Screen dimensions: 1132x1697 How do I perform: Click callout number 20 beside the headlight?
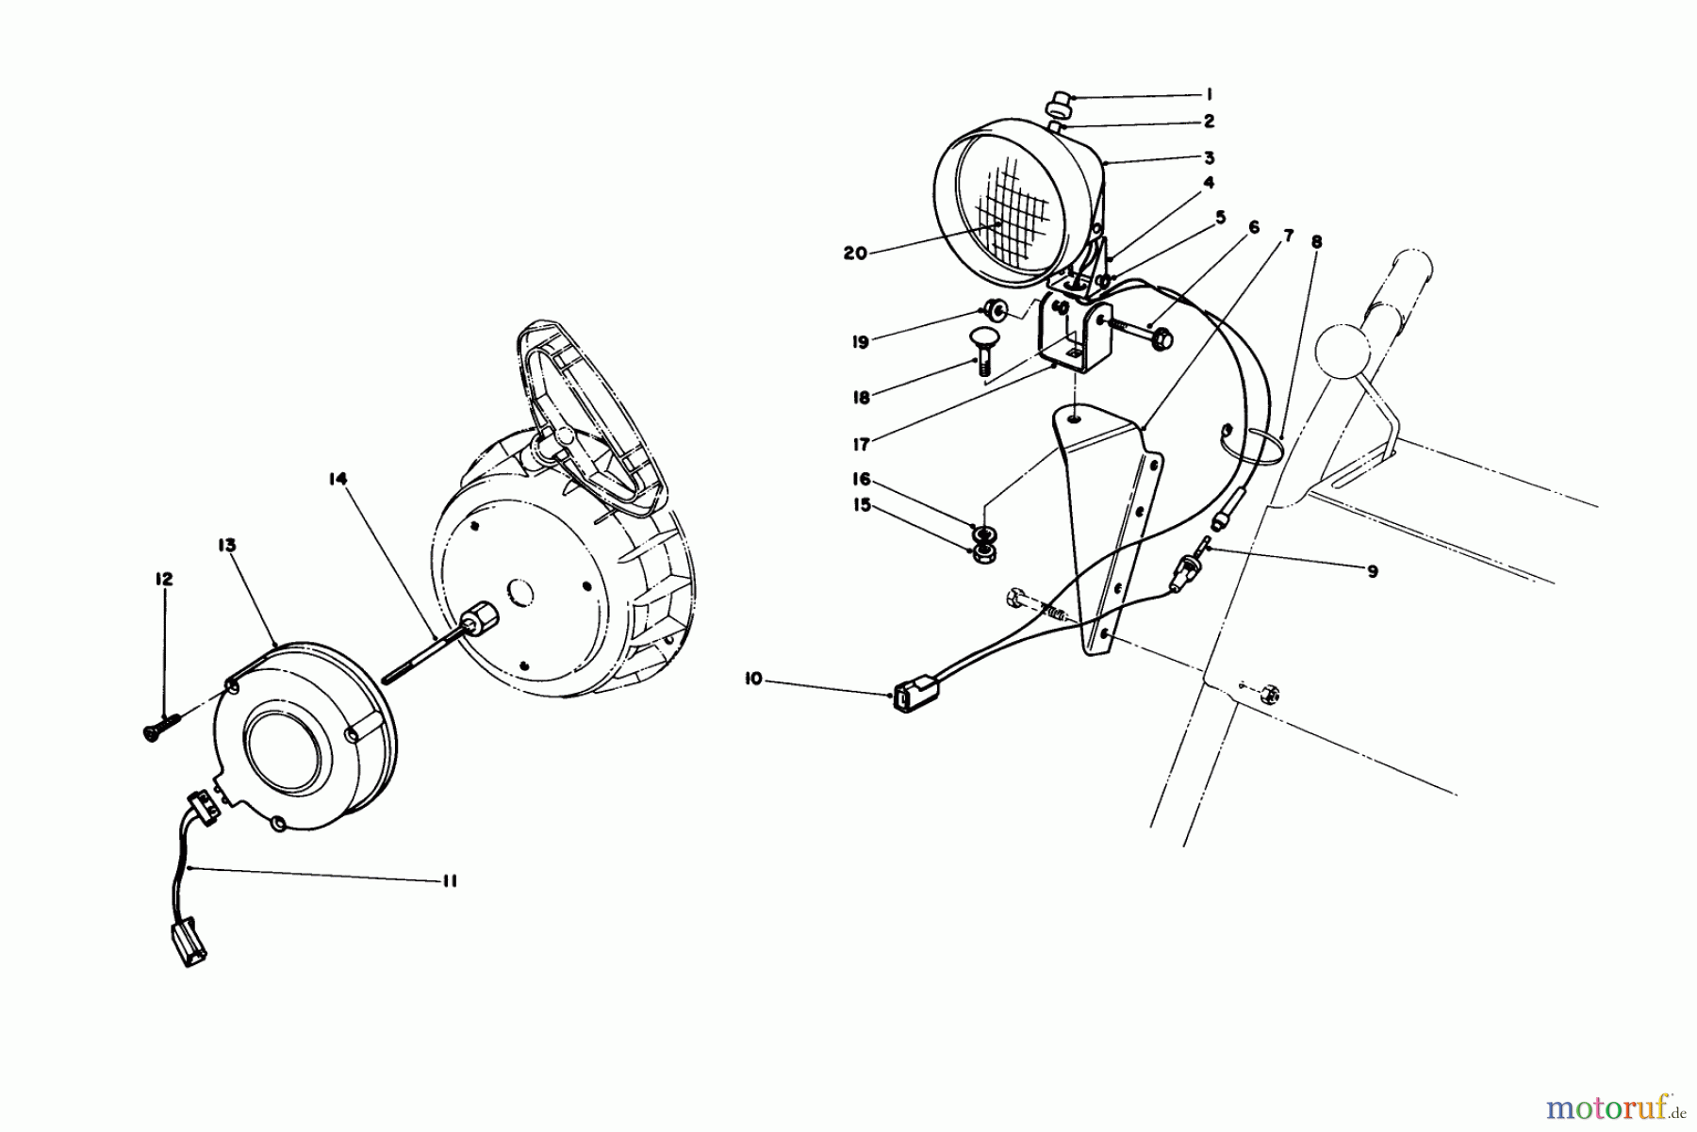click(855, 254)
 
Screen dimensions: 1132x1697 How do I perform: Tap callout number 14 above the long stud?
click(338, 480)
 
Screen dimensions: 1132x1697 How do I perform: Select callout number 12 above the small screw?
click(165, 579)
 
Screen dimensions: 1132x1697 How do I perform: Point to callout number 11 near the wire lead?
click(449, 881)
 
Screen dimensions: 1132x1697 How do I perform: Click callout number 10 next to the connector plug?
click(753, 679)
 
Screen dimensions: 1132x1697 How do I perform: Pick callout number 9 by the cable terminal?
click(1373, 571)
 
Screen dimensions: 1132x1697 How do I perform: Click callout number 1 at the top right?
click(1209, 94)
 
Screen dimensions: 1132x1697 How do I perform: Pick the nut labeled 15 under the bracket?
click(983, 550)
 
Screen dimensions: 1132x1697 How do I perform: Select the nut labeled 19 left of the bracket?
click(994, 308)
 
